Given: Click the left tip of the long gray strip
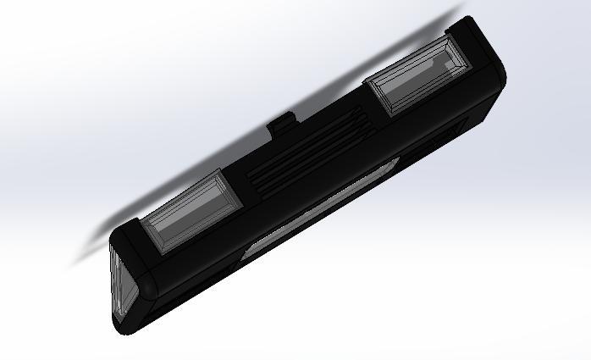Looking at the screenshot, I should point(246,250).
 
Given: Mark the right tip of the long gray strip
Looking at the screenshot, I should point(395,164).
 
